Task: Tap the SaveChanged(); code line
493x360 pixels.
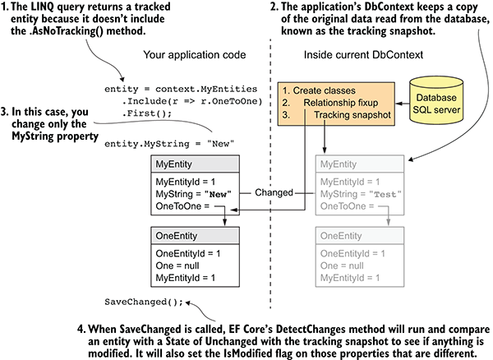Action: point(141,300)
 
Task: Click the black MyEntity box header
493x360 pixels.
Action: point(194,164)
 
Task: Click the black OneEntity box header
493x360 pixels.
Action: point(194,237)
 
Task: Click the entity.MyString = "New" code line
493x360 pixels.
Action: point(169,143)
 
